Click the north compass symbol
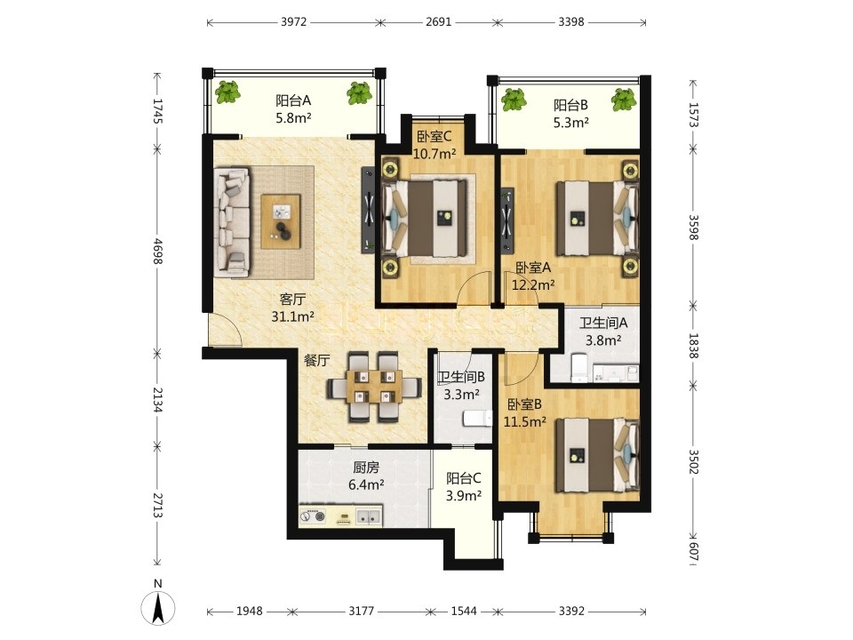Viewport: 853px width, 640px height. pyautogui.click(x=158, y=605)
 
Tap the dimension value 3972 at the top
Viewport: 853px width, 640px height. pyautogui.click(x=294, y=21)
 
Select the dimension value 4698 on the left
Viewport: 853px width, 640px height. pyautogui.click(x=158, y=252)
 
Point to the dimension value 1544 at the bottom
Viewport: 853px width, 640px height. pyautogui.click(x=464, y=612)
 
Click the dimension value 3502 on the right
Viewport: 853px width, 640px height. pyautogui.click(x=694, y=461)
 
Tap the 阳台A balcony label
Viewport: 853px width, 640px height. pyautogui.click(x=293, y=100)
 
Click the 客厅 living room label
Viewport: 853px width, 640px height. pyautogui.click(x=292, y=299)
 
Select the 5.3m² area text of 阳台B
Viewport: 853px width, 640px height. pyautogui.click(x=570, y=123)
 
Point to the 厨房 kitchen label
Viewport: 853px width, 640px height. pyautogui.click(x=366, y=467)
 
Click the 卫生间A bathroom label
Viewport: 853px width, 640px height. pyautogui.click(x=602, y=323)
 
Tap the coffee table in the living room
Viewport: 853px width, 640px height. pyautogui.click(x=281, y=221)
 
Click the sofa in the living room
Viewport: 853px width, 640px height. pyautogui.click(x=232, y=220)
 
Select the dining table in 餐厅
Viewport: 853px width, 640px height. pyautogui.click(x=375, y=388)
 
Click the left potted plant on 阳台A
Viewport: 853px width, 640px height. pyautogui.click(x=228, y=92)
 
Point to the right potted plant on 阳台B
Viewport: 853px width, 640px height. pyautogui.click(x=624, y=100)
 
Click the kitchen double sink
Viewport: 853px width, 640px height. pyautogui.click(x=368, y=516)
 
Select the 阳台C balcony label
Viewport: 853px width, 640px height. pyautogui.click(x=464, y=478)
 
